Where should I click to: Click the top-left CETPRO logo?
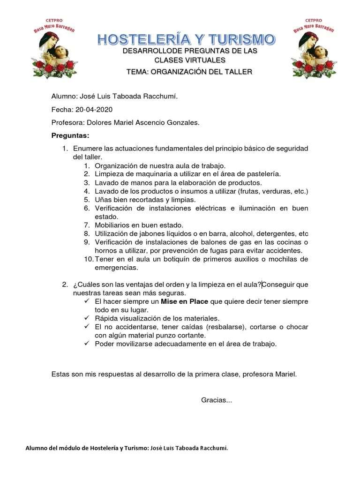(53, 48)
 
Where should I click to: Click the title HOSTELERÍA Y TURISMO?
(187, 39)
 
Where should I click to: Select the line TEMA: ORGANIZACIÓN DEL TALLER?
(189, 72)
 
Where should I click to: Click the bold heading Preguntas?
(70, 135)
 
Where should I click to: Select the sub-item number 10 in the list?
(89, 259)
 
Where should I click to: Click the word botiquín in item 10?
(186, 259)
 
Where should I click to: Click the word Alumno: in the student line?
(64, 96)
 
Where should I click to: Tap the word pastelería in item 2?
(263, 174)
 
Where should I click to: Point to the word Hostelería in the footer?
(104, 448)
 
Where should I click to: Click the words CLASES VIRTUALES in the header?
(190, 60)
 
